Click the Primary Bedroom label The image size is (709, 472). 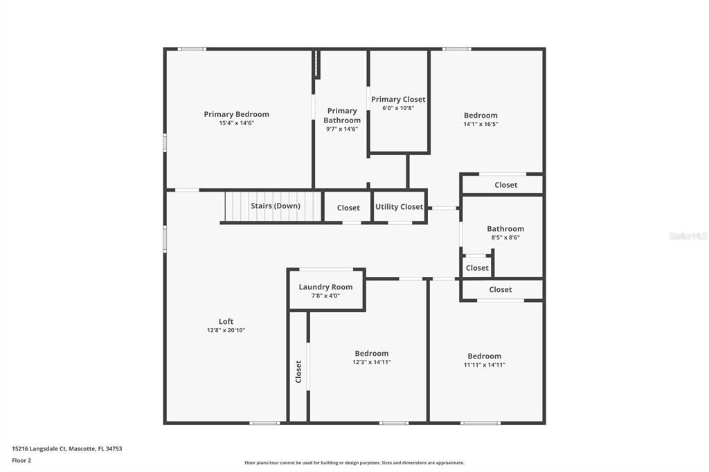coord(236,114)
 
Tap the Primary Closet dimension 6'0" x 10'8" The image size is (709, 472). coord(398,108)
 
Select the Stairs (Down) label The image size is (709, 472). coord(275,206)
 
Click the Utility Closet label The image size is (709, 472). coord(399,207)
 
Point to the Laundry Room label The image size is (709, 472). coord(325,287)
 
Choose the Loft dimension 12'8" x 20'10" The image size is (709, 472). coord(226,330)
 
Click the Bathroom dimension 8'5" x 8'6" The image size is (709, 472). coord(505,237)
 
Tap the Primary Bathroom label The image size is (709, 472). coord(342,116)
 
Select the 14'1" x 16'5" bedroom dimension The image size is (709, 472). coord(481,124)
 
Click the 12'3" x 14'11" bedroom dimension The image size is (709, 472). coord(372,362)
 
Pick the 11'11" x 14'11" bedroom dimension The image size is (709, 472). coord(484,365)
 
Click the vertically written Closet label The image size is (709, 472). coord(299,372)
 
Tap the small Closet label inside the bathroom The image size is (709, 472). coord(477,268)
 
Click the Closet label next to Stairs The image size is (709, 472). coord(348,208)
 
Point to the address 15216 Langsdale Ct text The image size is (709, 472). coord(66,448)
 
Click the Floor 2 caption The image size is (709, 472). coord(21,460)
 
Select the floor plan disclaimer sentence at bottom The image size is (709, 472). coord(354,463)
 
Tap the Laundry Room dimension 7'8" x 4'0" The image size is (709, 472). coord(325,296)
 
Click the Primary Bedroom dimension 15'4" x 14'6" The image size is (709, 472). coord(236,123)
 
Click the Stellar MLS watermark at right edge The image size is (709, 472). coord(688,236)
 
